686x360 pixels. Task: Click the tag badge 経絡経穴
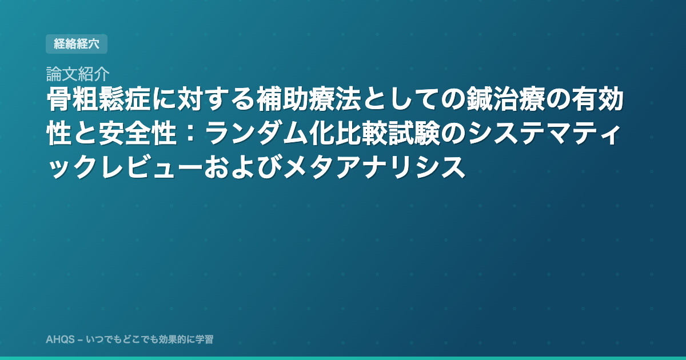pyautogui.click(x=77, y=44)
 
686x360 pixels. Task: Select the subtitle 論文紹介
pyautogui.click(x=78, y=74)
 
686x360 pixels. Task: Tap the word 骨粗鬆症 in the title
pyautogui.click(x=98, y=99)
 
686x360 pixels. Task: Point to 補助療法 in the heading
pyautogui.click(x=309, y=99)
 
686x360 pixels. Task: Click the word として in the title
pyautogui.click(x=401, y=99)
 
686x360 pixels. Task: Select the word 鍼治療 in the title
pyautogui.click(x=505, y=99)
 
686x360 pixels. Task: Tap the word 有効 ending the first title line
pyautogui.click(x=597, y=99)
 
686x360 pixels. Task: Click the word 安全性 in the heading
pyautogui.click(x=138, y=134)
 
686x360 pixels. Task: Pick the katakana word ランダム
pyautogui.click(x=257, y=134)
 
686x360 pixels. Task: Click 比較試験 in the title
pyautogui.click(x=387, y=134)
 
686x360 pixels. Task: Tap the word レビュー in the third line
pyautogui.click(x=151, y=167)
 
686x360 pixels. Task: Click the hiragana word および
pyautogui.click(x=243, y=167)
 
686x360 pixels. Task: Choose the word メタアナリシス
pyautogui.click(x=374, y=167)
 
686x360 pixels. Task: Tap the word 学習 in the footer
pyautogui.click(x=204, y=339)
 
